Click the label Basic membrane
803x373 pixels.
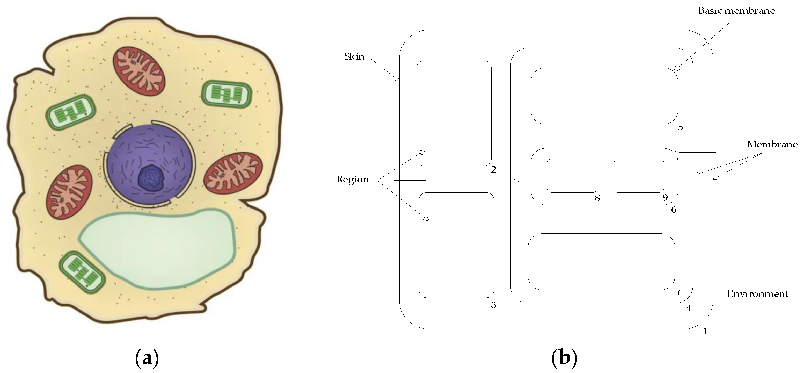coord(736,11)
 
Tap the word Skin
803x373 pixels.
coord(354,56)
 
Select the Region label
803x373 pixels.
coord(352,179)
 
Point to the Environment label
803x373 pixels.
coord(757,294)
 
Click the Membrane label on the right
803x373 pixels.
coord(772,144)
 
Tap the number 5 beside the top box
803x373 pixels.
coord(681,127)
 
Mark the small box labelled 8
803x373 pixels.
coord(572,176)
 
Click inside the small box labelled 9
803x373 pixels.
coord(639,176)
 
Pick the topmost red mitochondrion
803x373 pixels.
coord(139,71)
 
